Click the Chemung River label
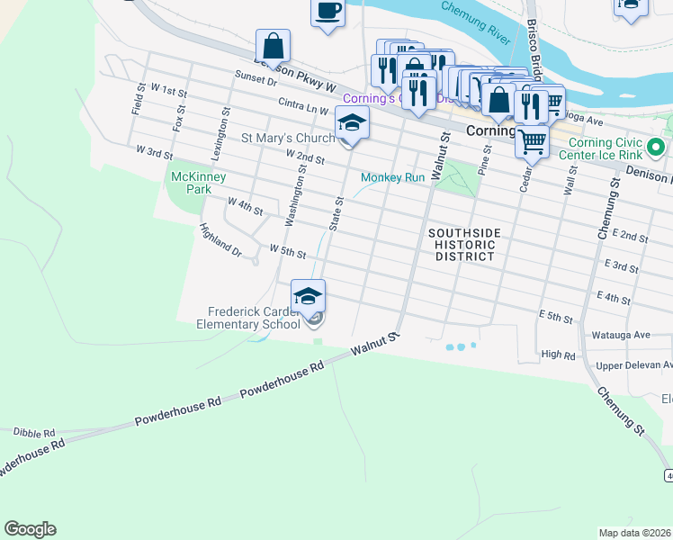click(x=474, y=22)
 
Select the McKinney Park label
click(x=193, y=184)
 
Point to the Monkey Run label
click(x=392, y=177)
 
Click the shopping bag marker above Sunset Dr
click(x=273, y=47)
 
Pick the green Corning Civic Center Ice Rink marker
click(x=657, y=146)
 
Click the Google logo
click(x=30, y=529)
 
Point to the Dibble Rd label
click(x=34, y=433)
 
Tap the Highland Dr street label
click(x=220, y=239)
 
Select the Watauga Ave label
click(x=618, y=335)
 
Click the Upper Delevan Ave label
click(x=634, y=365)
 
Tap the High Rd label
click(x=558, y=355)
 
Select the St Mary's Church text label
click(x=286, y=138)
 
